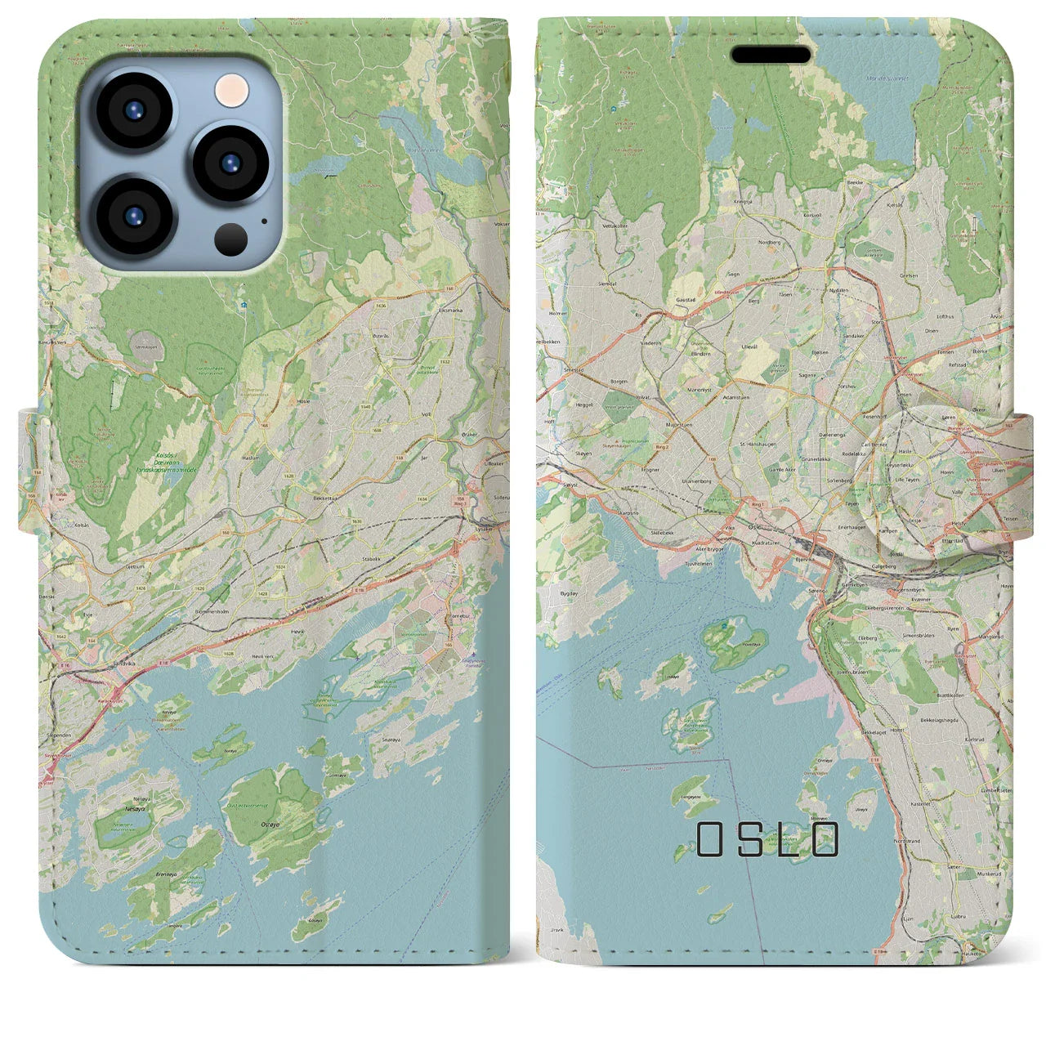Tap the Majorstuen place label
pos(680,425)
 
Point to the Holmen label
pos(559,313)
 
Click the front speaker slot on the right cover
pos(771,55)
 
